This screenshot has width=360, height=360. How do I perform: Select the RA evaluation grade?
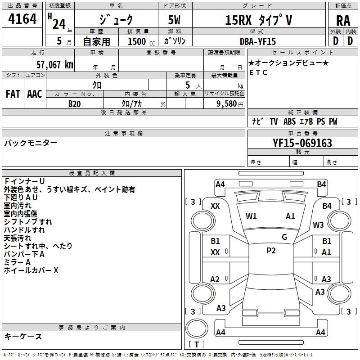[x=343, y=20]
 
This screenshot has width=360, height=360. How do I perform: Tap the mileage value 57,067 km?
[x=54, y=65]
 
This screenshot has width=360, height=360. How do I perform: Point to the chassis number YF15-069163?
[x=302, y=144]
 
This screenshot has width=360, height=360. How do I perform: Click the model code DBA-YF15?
[x=258, y=41]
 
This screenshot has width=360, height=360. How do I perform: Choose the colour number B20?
[x=75, y=104]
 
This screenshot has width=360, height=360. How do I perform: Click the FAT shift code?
[x=13, y=94]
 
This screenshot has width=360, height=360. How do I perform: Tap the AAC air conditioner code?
[x=34, y=94]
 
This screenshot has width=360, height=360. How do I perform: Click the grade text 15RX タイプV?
[x=258, y=20]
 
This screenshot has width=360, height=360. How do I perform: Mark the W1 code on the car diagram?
[x=251, y=216]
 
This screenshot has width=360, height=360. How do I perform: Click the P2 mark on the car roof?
[x=271, y=251]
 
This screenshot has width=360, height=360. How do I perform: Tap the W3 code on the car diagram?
[x=319, y=225]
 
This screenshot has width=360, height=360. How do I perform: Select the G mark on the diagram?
[x=284, y=237]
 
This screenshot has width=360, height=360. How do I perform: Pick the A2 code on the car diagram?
[x=215, y=279]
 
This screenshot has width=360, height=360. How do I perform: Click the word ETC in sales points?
[x=258, y=72]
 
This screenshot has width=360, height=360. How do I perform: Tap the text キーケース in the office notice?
[x=23, y=337]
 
